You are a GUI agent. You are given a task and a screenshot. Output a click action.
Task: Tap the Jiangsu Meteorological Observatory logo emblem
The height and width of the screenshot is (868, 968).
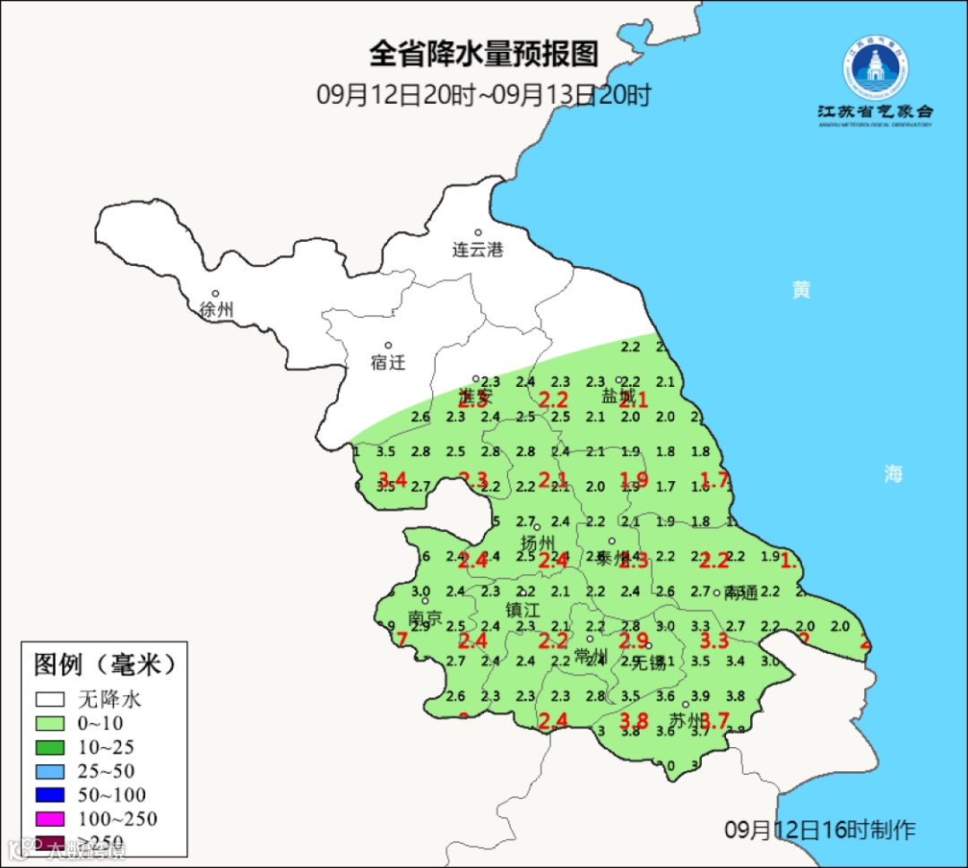(875, 68)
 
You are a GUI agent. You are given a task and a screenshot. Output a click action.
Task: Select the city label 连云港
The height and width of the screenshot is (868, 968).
(478, 250)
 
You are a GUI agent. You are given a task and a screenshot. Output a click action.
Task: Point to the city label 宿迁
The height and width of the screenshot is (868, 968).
(388, 363)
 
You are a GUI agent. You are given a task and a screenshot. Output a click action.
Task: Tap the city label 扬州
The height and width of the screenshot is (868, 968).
(539, 543)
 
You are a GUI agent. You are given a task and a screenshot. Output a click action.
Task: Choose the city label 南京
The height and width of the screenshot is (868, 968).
(425, 618)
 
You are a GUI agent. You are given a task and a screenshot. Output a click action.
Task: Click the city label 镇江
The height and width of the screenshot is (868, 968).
(523, 609)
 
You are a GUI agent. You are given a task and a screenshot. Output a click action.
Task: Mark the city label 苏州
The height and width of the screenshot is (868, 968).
(687, 720)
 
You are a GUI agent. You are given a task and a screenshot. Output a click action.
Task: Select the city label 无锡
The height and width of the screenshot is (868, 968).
(650, 663)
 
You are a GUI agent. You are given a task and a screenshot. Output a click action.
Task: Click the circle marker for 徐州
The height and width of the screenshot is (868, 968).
(216, 293)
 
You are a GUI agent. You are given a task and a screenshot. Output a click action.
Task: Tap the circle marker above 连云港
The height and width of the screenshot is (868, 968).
(479, 233)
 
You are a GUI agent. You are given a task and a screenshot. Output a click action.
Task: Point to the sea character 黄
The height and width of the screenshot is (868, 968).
(801, 290)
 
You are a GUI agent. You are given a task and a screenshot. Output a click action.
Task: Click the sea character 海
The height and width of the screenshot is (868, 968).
(894, 475)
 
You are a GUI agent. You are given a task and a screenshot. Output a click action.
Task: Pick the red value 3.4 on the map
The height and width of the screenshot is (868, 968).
(393, 479)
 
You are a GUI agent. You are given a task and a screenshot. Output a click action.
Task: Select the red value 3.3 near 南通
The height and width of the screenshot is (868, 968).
(713, 640)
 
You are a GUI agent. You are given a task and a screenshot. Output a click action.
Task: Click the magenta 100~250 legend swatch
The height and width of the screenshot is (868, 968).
(50, 819)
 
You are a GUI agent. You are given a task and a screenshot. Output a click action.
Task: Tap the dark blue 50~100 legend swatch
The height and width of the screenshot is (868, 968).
(50, 795)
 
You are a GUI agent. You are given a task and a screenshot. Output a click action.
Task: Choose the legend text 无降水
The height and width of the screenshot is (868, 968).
(109, 700)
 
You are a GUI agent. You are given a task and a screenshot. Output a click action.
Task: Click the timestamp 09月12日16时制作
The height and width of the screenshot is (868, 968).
(820, 830)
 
